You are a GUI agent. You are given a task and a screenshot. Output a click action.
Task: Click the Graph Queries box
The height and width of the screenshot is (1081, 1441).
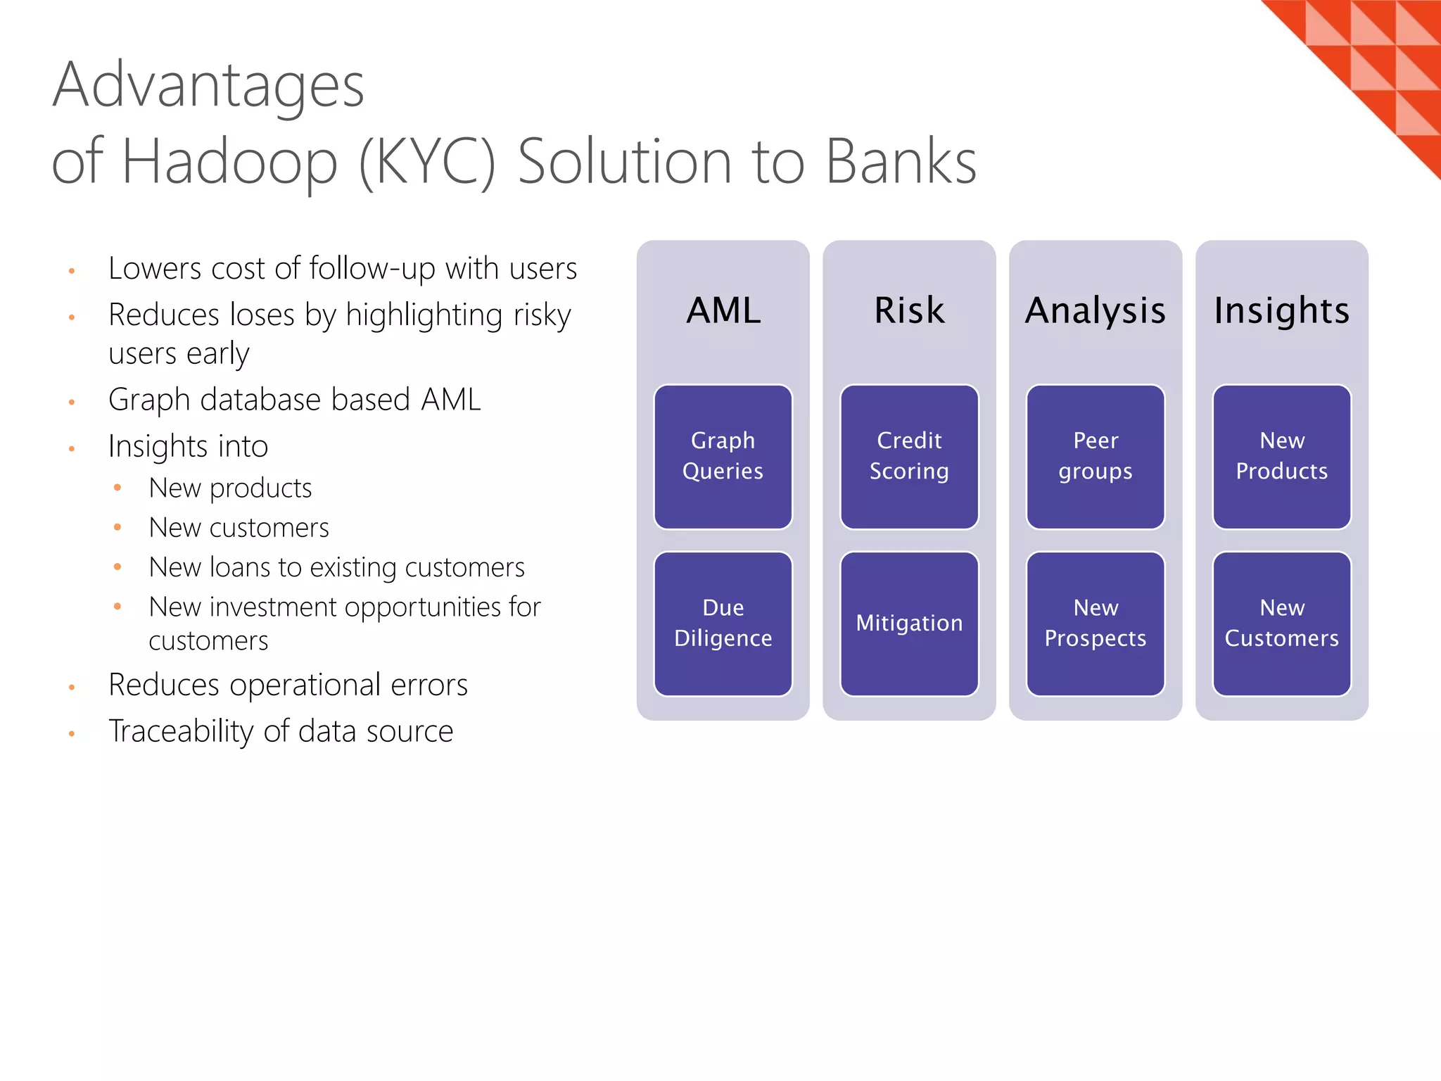(x=723, y=456)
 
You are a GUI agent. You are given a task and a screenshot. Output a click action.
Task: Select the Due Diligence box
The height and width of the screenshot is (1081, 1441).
(x=723, y=624)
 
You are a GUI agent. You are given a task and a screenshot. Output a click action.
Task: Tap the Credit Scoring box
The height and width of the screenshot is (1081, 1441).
(x=909, y=456)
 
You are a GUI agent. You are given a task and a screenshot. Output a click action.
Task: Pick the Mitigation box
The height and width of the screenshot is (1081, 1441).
(x=909, y=624)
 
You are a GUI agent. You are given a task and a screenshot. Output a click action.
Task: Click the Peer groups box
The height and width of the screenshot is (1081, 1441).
(x=1096, y=456)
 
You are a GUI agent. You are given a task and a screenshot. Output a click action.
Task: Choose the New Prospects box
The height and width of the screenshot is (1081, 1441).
(x=1096, y=624)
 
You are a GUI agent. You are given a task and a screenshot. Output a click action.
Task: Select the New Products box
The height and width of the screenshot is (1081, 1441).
(x=1281, y=456)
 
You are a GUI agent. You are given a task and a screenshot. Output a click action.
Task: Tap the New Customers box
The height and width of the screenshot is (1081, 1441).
(x=1281, y=624)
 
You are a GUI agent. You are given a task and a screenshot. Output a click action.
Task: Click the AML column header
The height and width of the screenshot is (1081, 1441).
(x=723, y=310)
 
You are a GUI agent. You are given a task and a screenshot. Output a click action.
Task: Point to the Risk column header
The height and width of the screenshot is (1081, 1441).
(x=909, y=310)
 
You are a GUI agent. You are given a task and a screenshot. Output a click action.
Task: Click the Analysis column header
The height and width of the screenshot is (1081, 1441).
(x=1096, y=310)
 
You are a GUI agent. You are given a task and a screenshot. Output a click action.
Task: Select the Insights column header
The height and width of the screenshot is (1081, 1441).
(x=1281, y=310)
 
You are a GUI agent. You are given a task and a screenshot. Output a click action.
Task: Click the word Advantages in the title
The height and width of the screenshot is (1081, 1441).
(x=208, y=86)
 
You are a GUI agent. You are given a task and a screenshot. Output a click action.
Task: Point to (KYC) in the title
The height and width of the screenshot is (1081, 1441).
(x=427, y=162)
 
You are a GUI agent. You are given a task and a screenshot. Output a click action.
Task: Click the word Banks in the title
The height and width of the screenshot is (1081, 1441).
(x=901, y=162)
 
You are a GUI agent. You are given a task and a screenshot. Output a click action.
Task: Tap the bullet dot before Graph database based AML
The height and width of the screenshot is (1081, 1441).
(x=72, y=403)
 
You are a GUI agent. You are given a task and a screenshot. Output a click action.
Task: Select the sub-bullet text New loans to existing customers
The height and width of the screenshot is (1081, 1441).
(x=336, y=567)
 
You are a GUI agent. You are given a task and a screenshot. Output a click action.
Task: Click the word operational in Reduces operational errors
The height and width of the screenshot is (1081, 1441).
(x=305, y=685)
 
